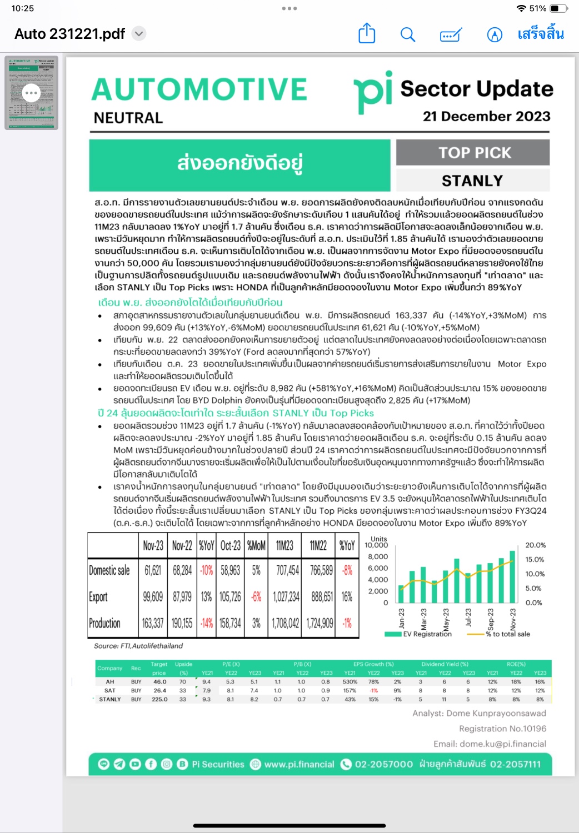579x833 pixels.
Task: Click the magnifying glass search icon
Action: (x=408, y=34)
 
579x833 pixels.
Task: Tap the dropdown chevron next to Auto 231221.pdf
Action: (x=139, y=34)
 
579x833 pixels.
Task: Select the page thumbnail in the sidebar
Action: (x=32, y=93)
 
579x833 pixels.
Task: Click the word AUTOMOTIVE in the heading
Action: (x=199, y=89)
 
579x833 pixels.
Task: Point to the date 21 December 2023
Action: (x=486, y=116)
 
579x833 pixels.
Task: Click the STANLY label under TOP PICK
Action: (x=472, y=180)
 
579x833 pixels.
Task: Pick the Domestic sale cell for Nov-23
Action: (x=153, y=570)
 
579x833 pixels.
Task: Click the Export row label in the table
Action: (x=98, y=597)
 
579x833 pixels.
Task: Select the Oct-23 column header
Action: (x=230, y=545)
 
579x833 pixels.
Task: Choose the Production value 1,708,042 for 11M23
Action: (x=286, y=623)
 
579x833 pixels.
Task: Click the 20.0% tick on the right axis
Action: (x=535, y=545)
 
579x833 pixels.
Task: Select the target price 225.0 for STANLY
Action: (x=159, y=699)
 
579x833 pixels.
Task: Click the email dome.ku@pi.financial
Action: (x=490, y=744)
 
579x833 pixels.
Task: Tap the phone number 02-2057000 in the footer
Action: (x=383, y=764)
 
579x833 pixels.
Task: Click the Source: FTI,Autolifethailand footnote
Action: (x=138, y=646)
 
